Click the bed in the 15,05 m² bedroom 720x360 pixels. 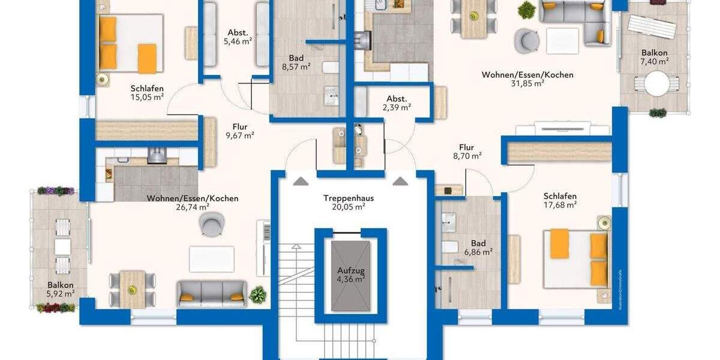(x=130, y=43)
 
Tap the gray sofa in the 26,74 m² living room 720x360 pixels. (x=212, y=293)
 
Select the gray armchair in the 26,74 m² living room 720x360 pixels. (x=211, y=225)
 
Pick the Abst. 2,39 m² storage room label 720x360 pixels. (x=397, y=103)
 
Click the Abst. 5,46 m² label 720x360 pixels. (x=238, y=37)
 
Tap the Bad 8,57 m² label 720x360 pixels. (x=296, y=62)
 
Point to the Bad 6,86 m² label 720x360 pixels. (x=478, y=248)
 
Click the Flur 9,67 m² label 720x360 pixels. (x=240, y=131)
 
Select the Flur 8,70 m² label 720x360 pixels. (x=466, y=151)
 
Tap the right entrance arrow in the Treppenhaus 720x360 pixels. (x=398, y=180)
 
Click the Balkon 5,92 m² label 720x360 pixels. (x=61, y=289)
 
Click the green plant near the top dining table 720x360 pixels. (x=526, y=9)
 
